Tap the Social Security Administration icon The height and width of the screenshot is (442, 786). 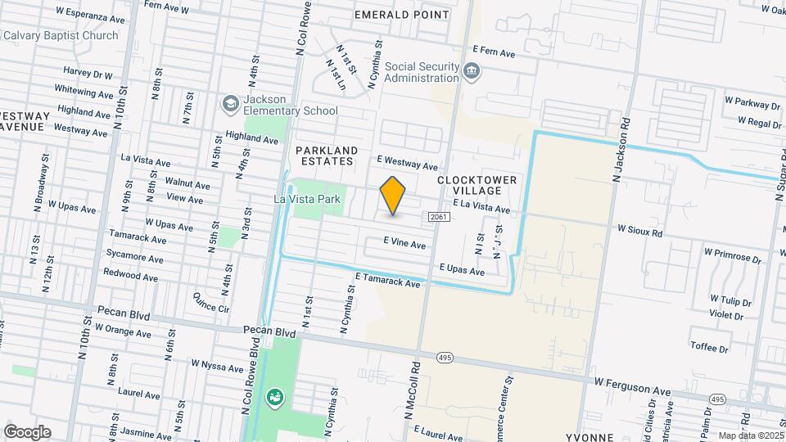click(472, 72)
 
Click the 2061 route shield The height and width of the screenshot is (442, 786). click(436, 215)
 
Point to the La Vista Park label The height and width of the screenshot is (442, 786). click(306, 199)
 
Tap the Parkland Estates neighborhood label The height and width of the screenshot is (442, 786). click(327, 156)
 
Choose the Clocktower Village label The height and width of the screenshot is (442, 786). click(469, 185)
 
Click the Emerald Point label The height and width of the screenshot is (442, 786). click(401, 15)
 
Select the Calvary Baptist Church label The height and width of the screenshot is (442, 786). click(72, 35)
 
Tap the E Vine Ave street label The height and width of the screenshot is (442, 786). click(405, 244)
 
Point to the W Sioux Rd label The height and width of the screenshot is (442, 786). click(639, 232)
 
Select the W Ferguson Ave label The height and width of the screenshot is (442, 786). click(633, 382)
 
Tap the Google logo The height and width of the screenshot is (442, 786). click(27, 432)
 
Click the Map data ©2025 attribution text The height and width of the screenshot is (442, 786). click(750, 435)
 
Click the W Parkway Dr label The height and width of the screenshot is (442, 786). click(752, 105)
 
